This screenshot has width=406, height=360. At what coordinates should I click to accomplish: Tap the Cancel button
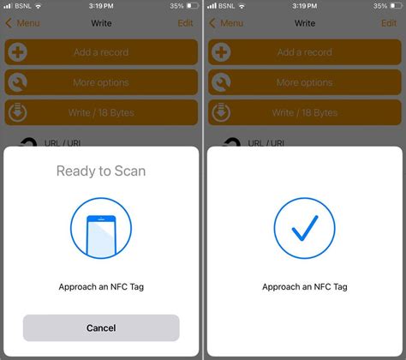coord(101,327)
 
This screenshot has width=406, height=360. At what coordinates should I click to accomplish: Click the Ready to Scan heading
coord(101,171)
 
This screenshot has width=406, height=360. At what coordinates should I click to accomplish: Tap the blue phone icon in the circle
coord(101,236)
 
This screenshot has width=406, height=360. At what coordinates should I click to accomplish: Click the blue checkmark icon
coord(305,228)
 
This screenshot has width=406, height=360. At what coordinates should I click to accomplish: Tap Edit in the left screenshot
coord(185,23)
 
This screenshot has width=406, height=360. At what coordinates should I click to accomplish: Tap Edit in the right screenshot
coord(389,23)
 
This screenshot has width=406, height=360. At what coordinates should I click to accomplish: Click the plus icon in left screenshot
coord(18,52)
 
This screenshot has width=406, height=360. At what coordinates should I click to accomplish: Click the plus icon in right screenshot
coord(221,52)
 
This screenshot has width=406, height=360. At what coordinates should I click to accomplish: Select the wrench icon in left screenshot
coord(18,82)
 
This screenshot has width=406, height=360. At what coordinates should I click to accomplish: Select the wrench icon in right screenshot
coord(221,82)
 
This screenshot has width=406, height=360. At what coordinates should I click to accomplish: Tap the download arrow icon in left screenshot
coord(18,112)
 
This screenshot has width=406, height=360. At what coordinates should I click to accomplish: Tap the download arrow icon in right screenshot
coord(221,112)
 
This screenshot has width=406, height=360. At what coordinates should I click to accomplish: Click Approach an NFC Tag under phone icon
coord(101,287)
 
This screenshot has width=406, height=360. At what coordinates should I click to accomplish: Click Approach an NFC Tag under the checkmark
coord(305,287)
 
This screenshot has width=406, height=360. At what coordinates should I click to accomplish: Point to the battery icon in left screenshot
coord(193,6)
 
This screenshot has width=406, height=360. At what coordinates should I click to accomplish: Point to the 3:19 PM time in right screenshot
coord(304,6)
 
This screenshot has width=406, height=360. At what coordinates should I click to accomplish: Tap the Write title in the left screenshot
coord(101,23)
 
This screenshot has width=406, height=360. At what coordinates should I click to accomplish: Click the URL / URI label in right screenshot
coord(266,143)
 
